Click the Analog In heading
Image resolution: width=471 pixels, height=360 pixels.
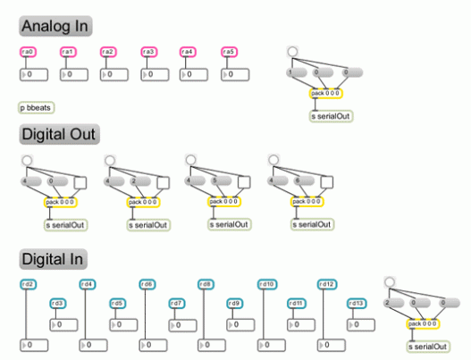(x=56, y=26)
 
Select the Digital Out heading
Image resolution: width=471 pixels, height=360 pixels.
(x=59, y=135)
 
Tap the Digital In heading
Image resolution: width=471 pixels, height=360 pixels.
(x=54, y=258)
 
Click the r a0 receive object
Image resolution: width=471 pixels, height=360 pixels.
(x=27, y=52)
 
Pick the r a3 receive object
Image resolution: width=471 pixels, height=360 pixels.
(x=148, y=52)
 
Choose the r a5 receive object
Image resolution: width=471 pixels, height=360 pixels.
(x=229, y=52)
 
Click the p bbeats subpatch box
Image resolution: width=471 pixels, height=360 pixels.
(x=37, y=107)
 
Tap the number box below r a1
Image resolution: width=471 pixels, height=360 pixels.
(x=80, y=73)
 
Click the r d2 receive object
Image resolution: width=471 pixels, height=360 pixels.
(x=27, y=284)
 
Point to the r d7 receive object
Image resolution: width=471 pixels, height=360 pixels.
(x=176, y=303)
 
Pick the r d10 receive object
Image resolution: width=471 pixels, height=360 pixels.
(x=266, y=284)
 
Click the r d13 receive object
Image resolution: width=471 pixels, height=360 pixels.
(x=355, y=303)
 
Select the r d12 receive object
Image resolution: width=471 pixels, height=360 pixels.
(x=326, y=284)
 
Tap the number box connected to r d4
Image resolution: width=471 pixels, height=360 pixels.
(x=98, y=344)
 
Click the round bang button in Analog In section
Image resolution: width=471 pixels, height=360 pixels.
(x=293, y=52)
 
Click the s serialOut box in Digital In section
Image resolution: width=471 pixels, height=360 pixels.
(x=428, y=346)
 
